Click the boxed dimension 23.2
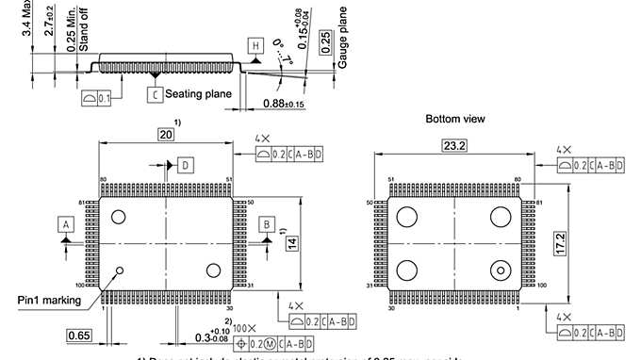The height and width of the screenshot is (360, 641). tap(449, 146)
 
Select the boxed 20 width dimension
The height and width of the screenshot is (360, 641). tap(167, 135)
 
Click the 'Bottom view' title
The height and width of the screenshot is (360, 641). tap(455, 120)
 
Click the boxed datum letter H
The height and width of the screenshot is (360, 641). tap(255, 44)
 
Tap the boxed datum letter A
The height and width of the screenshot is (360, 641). tap(65, 224)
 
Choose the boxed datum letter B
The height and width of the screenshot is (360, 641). tap(268, 224)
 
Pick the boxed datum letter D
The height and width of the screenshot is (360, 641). tap(185, 165)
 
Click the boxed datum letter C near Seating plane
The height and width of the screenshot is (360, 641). tap(155, 94)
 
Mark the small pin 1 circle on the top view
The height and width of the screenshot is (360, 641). tap(120, 271)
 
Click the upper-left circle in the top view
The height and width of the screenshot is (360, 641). tap(119, 217)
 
